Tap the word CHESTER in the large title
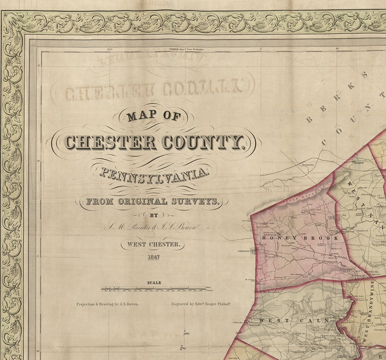click(x=111, y=142)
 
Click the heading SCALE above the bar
click(x=154, y=283)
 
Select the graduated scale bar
click(x=154, y=289)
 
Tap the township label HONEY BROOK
click(x=300, y=238)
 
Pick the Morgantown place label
click(x=306, y=165)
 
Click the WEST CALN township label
click(x=293, y=320)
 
